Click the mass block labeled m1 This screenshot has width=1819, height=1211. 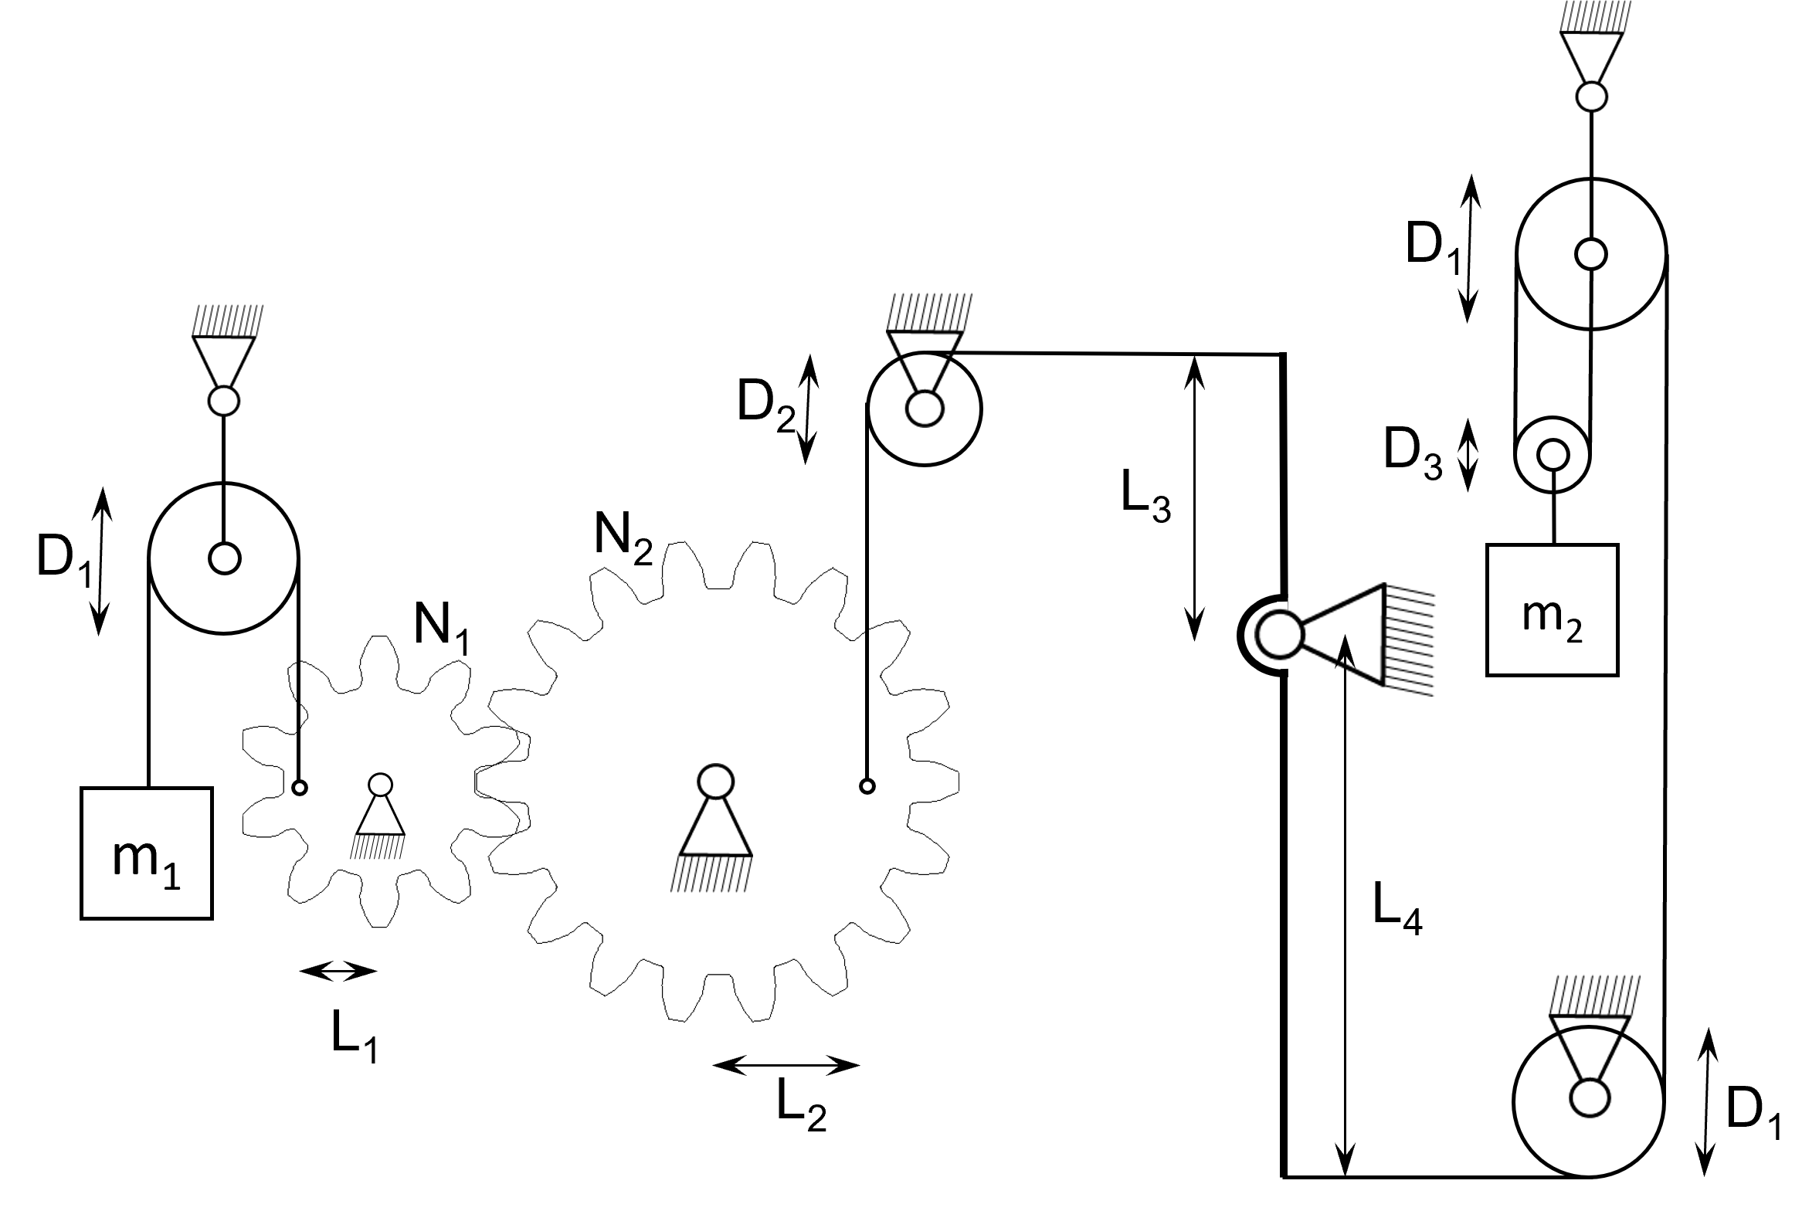[146, 853]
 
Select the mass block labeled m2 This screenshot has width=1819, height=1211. [1552, 610]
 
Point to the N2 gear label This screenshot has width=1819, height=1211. [623, 539]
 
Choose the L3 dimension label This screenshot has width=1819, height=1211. [1146, 497]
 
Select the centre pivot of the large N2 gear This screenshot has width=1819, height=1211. [714, 781]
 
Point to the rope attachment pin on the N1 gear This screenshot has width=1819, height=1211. [300, 788]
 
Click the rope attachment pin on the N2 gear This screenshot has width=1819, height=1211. [867, 786]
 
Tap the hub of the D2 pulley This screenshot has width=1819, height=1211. [924, 409]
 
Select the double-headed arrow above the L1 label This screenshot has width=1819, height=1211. [338, 971]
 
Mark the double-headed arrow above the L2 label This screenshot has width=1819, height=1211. [786, 1066]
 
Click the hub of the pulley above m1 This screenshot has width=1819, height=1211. [224, 558]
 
